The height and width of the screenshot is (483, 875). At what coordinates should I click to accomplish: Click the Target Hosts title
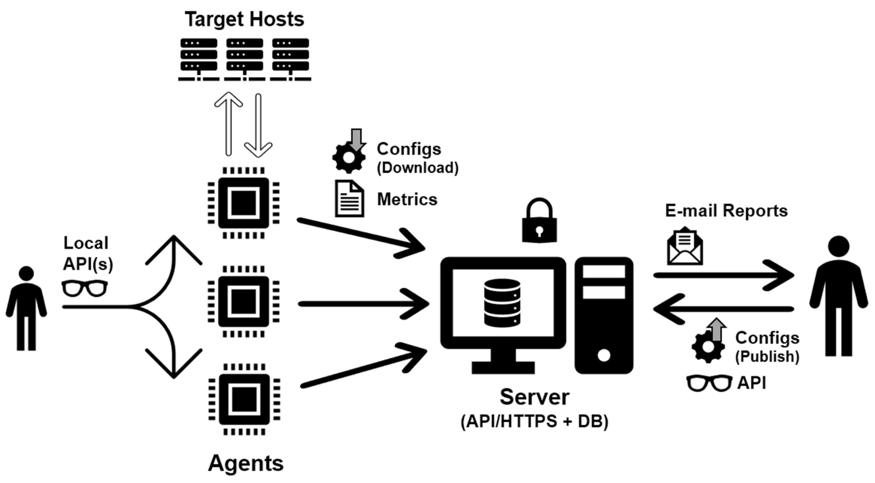[244, 19]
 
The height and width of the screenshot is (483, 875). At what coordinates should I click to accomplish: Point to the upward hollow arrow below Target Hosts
[229, 124]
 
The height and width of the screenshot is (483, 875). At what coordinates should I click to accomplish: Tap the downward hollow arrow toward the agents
[258, 126]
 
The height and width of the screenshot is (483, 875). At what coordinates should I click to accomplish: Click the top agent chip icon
[244, 203]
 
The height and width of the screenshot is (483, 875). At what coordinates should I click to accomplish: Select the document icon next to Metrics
[349, 199]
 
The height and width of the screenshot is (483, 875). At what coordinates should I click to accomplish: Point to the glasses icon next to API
[709, 383]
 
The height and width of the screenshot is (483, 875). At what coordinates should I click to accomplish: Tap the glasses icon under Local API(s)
[85, 289]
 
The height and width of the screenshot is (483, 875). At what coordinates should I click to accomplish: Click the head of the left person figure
[26, 274]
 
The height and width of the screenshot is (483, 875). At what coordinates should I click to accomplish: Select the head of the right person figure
[839, 246]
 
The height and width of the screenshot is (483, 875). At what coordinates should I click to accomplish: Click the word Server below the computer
[534, 397]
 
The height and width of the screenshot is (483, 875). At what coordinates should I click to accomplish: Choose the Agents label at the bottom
[245, 463]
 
